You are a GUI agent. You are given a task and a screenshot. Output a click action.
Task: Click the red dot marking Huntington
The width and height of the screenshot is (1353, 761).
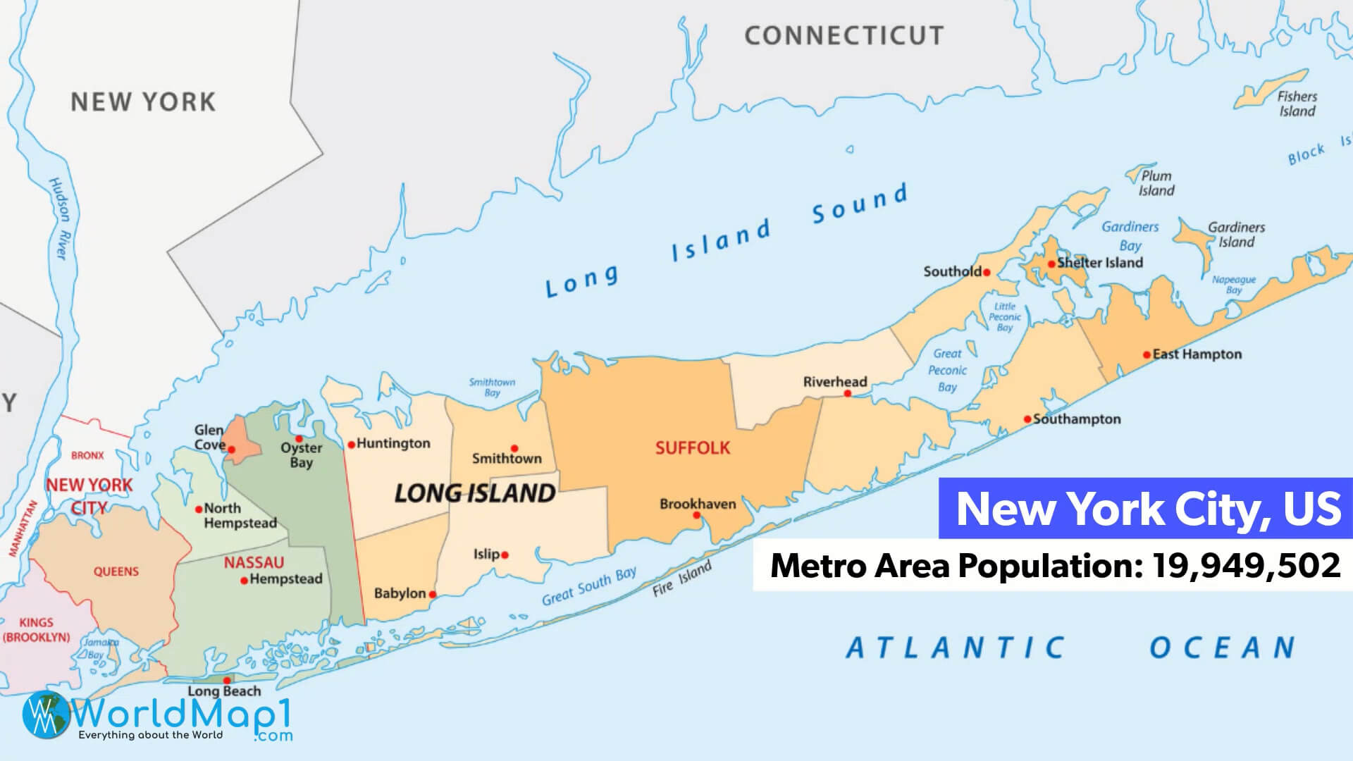click(351, 445)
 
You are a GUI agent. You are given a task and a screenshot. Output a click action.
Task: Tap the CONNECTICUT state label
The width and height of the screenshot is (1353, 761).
click(844, 35)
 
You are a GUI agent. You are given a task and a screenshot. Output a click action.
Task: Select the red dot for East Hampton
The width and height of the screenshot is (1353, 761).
click(1147, 354)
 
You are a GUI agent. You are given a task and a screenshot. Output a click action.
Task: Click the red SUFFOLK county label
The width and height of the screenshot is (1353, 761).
click(693, 448)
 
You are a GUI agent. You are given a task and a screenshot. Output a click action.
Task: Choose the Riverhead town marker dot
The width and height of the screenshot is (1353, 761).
click(848, 393)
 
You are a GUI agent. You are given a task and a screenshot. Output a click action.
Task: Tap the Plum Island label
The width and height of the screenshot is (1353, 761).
click(1156, 183)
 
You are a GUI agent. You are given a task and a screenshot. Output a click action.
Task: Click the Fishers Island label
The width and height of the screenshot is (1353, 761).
click(1297, 104)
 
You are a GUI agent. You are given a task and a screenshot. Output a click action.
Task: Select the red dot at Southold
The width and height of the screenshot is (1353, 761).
click(987, 272)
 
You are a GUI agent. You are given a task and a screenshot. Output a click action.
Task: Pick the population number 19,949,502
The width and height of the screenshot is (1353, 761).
click(1246, 565)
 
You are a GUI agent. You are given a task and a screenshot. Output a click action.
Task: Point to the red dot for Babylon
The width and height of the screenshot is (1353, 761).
click(433, 595)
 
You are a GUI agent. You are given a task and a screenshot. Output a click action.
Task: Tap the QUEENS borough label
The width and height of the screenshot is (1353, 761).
click(116, 571)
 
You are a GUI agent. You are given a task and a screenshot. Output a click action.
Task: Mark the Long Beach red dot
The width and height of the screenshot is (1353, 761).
click(227, 681)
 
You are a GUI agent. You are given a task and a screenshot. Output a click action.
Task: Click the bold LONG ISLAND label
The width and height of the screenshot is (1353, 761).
click(474, 493)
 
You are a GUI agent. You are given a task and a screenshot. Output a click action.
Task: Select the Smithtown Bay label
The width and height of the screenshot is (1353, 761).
click(492, 388)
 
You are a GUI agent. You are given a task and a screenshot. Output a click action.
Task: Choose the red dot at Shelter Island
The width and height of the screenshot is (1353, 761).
click(1051, 264)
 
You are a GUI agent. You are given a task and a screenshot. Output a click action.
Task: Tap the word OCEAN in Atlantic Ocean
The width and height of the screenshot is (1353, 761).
click(1223, 648)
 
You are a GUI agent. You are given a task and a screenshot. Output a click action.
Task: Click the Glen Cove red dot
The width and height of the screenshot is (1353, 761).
click(231, 450)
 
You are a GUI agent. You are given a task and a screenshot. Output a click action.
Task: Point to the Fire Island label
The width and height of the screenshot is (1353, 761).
click(681, 579)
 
